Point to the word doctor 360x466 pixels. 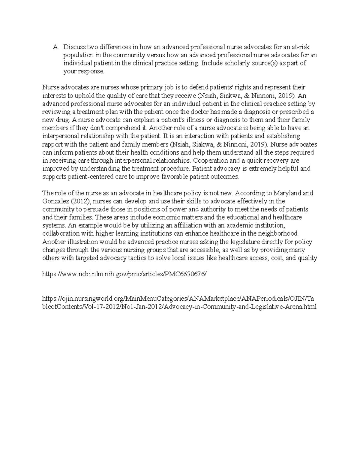[199, 112]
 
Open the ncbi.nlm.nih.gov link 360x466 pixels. [124, 274]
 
